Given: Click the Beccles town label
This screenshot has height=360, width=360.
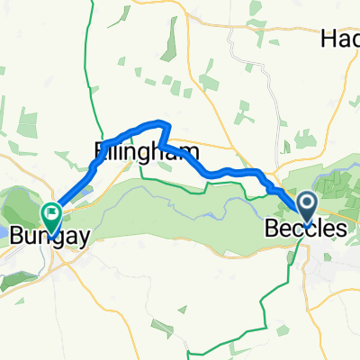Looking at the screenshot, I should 305,229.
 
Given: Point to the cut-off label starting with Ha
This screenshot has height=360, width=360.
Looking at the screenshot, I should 340,39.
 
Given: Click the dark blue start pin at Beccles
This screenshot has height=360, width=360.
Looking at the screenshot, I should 307,207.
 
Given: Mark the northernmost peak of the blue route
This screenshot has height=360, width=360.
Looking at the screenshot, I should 162,121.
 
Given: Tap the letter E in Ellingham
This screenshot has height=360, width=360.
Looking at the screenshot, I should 98,151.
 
